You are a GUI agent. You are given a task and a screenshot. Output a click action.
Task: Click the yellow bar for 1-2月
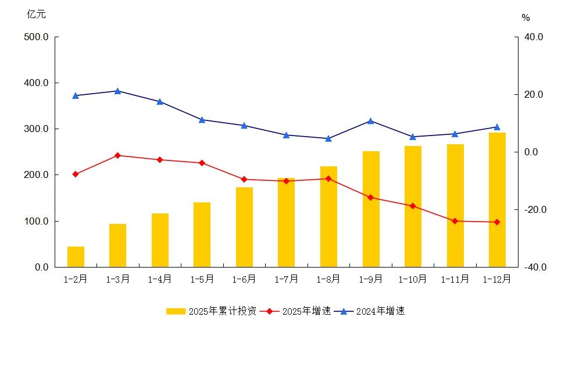tap(76, 256)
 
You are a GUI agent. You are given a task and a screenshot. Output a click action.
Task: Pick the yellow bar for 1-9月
tap(371, 209)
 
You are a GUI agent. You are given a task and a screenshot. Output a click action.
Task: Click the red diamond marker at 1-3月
tap(117, 155)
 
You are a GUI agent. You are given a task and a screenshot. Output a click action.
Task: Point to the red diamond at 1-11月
tap(455, 221)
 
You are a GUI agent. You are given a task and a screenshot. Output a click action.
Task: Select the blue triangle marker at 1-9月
tap(370, 121)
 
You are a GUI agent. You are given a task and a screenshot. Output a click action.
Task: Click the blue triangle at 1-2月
tap(76, 95)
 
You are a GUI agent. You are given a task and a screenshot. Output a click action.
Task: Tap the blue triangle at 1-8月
tap(328, 138)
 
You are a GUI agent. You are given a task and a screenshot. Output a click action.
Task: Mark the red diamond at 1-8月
tap(328, 179)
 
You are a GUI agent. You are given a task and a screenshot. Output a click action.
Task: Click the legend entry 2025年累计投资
tap(212, 311)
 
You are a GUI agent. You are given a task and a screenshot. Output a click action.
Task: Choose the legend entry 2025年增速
tap(296, 311)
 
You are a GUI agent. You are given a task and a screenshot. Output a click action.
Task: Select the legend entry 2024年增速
tap(372, 311)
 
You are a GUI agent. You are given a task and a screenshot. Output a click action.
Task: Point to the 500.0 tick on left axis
tap(37, 37)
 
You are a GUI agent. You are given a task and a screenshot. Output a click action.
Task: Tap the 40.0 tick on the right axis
tap(534, 37)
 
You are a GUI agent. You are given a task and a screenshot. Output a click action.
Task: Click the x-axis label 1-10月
tap(412, 279)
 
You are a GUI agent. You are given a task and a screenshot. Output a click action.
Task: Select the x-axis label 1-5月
tap(202, 279)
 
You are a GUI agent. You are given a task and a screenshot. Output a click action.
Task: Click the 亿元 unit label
tap(36, 15)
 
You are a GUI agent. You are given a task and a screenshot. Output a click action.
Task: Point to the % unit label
tap(525, 18)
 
